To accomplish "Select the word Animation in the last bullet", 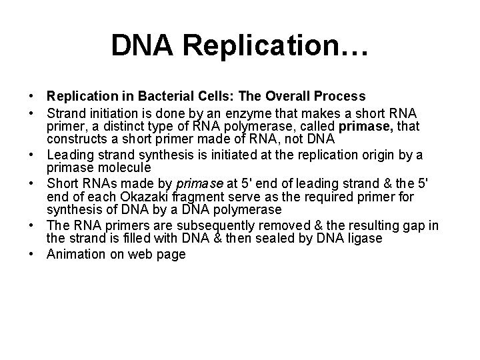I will click(x=76, y=254).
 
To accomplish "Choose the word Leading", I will click(x=71, y=156).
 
